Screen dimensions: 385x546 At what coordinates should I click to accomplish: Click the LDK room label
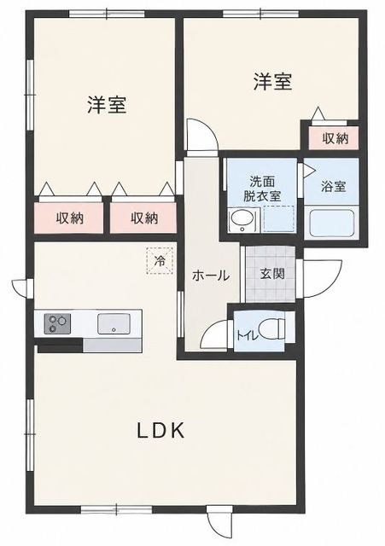pos(160,431)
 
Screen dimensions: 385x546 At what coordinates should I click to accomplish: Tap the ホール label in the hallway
pos(211,276)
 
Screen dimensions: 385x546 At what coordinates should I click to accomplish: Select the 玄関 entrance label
pos(272,274)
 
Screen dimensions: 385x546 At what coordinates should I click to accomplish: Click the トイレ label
pos(248,335)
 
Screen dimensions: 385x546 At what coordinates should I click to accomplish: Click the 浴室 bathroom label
pos(334,186)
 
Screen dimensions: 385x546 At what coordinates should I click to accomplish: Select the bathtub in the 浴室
pos(332,222)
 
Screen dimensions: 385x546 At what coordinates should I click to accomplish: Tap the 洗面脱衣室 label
pos(262,189)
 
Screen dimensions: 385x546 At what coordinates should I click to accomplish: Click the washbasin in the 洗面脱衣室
pos(242,220)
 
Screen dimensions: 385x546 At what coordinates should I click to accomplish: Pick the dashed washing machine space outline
pos(279,218)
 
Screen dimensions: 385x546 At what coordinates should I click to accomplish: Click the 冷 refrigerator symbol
pos(160,261)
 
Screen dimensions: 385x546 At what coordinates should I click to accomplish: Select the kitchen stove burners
pos(57,323)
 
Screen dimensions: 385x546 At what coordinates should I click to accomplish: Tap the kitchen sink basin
pos(114,323)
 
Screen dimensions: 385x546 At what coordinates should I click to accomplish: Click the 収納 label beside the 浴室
pos(335,138)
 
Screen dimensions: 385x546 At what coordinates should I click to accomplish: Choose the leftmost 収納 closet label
pos(70,218)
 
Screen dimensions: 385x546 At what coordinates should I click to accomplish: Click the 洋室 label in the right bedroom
pos(272,82)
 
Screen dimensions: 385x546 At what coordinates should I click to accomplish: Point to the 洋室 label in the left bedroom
pos(107,104)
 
